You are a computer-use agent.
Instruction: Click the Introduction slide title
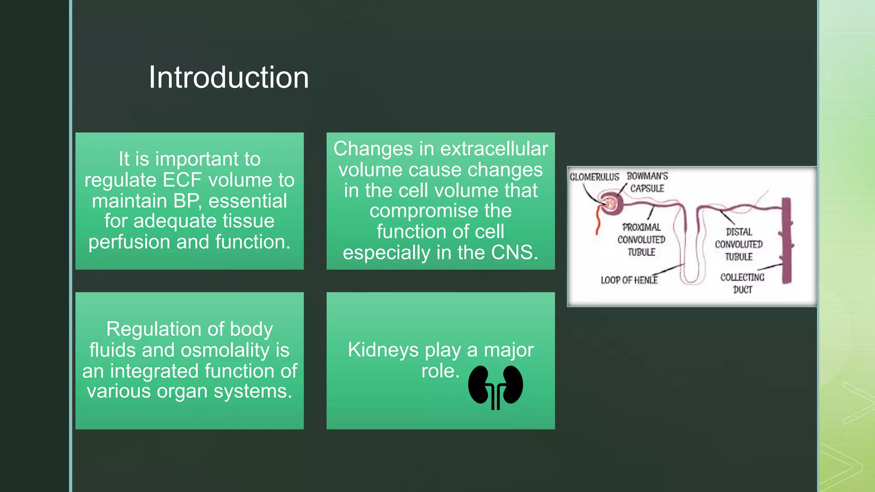[x=229, y=78]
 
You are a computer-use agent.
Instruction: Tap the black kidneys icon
[x=495, y=387]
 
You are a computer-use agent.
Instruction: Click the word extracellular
[x=494, y=149]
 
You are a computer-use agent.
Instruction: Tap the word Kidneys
[x=383, y=350]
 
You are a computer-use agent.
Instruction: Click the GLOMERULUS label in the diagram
[x=594, y=177]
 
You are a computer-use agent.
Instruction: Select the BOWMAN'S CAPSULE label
[x=647, y=182]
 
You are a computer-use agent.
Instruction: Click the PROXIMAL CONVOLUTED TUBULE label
[x=641, y=240]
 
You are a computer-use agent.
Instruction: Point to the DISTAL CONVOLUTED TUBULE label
[x=739, y=244]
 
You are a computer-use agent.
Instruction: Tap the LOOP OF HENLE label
[x=629, y=280]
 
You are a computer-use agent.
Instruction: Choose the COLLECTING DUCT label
[x=742, y=283]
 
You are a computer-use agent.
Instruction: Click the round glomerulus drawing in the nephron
[x=610, y=203]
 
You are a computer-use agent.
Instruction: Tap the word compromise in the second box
[x=440, y=211]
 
